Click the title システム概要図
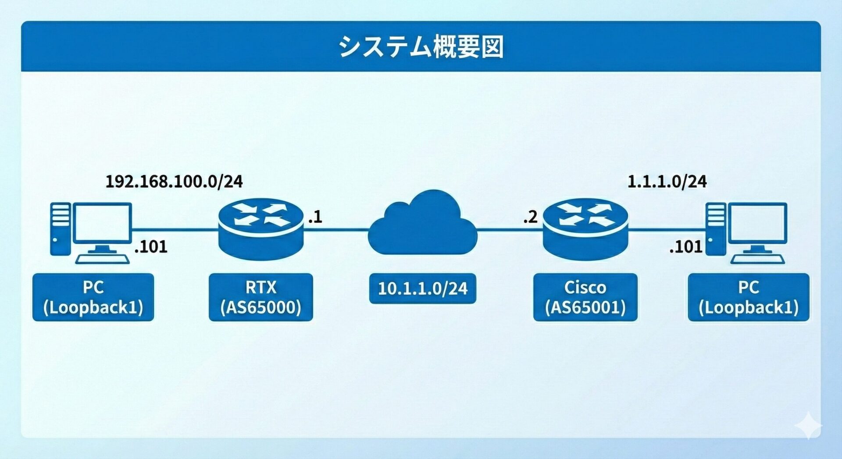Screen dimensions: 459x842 [x=421, y=46]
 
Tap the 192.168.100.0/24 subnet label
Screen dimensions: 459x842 [x=174, y=181]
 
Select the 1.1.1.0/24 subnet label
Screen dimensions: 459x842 [x=667, y=181]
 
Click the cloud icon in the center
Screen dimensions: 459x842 [x=422, y=226]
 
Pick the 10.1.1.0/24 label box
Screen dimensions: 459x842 [x=422, y=288]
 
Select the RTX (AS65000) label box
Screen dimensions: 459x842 [x=260, y=297]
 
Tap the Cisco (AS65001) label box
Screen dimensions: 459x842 [x=585, y=297]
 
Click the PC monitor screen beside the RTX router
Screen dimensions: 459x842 [x=103, y=223]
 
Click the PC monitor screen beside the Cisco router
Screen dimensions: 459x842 [x=757, y=223]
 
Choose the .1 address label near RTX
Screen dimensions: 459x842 [x=315, y=217]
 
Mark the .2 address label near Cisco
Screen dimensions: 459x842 [x=530, y=217]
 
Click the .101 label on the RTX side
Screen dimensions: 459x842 [x=151, y=247]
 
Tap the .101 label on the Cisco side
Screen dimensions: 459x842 [x=686, y=247]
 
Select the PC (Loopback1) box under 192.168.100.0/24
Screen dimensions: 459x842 [x=93, y=297]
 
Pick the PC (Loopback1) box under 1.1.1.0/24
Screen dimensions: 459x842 [x=748, y=297]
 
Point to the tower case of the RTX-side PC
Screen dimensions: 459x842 [x=60, y=229]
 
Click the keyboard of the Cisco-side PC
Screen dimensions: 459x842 [x=757, y=259]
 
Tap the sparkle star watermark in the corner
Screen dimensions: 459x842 [x=809, y=425]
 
